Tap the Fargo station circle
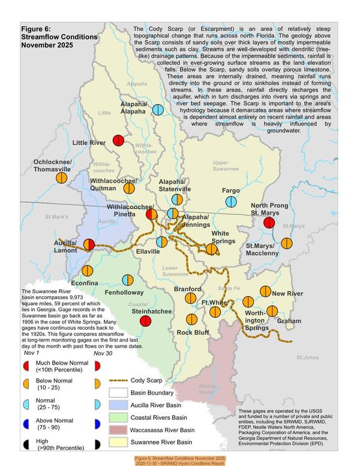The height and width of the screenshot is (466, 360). [230, 202]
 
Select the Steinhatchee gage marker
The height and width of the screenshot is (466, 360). [145, 321]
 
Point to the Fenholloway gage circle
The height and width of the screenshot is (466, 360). [127, 280]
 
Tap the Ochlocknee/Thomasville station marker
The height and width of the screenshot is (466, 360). [61, 177]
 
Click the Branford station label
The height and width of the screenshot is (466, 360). [187, 289]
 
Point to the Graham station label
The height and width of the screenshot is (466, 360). [289, 321]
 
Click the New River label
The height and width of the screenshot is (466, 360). [287, 293]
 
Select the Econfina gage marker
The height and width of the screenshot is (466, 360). [88, 271]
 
